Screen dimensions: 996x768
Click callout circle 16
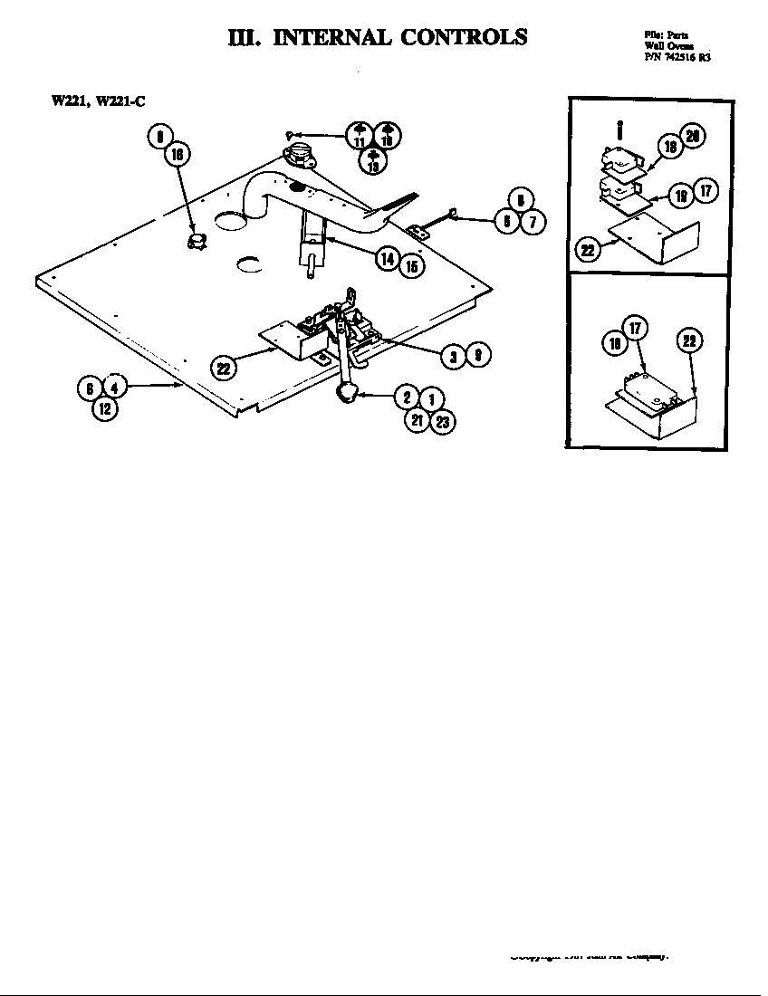click(x=177, y=155)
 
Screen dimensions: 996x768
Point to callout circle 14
click(x=388, y=259)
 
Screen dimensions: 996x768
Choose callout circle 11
click(x=359, y=136)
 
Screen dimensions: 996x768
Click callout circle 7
click(x=533, y=222)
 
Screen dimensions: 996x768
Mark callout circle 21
click(x=417, y=421)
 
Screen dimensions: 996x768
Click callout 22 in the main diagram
click(x=223, y=367)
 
